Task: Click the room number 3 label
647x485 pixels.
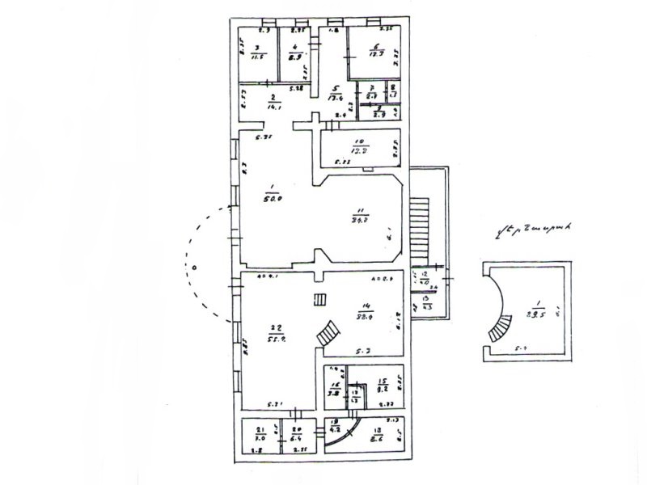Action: point(256,47)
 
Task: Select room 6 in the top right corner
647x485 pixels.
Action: point(375,46)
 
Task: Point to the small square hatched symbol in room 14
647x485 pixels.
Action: point(320,300)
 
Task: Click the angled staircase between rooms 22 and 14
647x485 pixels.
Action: point(328,335)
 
